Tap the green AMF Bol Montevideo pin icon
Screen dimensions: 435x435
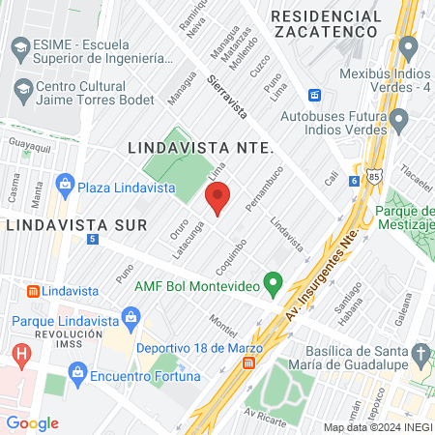274,285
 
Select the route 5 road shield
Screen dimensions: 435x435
92,238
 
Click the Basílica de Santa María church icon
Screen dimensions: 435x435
419,356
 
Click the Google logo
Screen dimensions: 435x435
33,422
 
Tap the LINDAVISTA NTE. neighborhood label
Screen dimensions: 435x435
201,149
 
